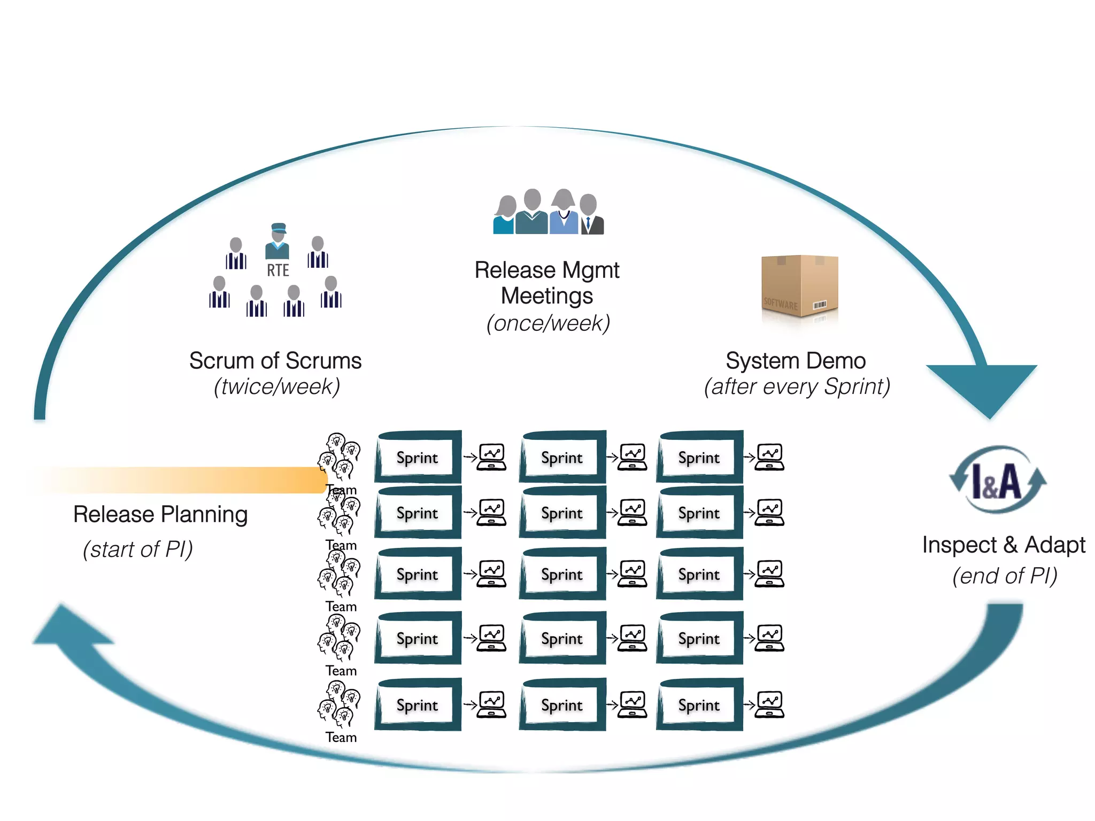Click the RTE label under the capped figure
pyautogui.click(x=277, y=270)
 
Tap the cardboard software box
pyautogui.click(x=799, y=286)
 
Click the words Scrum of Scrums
pyautogui.click(x=275, y=361)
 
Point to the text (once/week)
pyautogui.click(x=547, y=323)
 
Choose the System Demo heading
pyautogui.click(x=796, y=361)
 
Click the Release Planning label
pyautogui.click(x=160, y=514)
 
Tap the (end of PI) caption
pyautogui.click(x=1005, y=576)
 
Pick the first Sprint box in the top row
pyautogui.click(x=418, y=458)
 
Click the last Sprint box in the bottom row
pyautogui.click(x=699, y=705)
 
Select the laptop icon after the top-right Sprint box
pyautogui.click(x=769, y=457)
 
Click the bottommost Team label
pyautogui.click(x=341, y=738)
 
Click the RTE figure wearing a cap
pyautogui.click(x=277, y=242)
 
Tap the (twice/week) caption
pyautogui.click(x=277, y=386)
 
